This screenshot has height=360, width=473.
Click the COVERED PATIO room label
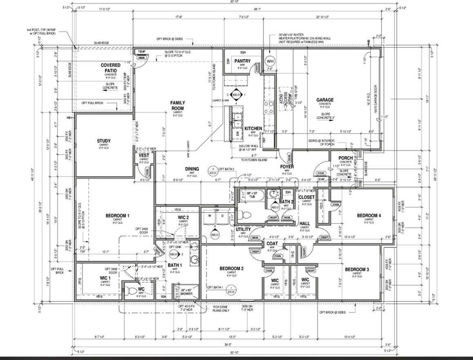[x=110, y=68]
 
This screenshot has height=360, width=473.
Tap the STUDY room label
[x=104, y=141]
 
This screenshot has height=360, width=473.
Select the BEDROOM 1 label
[x=117, y=216]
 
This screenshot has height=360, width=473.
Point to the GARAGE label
[x=325, y=100]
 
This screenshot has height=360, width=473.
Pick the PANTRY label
[x=243, y=61]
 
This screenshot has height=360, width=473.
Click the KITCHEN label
[x=253, y=129]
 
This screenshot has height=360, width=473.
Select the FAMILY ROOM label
[x=178, y=105]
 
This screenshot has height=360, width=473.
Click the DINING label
[x=192, y=169]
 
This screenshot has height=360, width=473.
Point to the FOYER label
[x=287, y=167]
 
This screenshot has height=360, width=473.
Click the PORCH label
[x=346, y=158]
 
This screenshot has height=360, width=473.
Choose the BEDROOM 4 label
[x=369, y=215]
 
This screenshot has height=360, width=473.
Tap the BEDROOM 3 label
[x=357, y=270]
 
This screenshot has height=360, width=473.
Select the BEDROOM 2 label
[x=232, y=268]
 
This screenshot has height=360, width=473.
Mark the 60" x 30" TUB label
[x=250, y=195]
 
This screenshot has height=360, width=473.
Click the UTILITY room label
[x=243, y=230]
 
